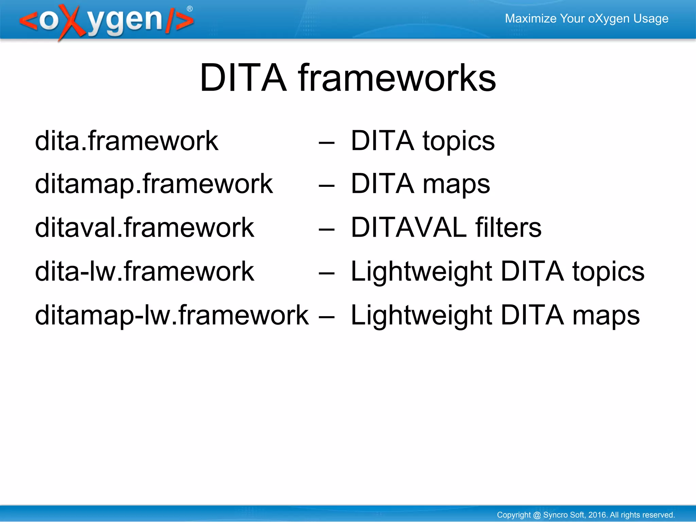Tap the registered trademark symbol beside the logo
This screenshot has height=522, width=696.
190,9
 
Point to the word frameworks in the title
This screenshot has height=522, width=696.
397,78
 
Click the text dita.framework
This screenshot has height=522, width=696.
126,141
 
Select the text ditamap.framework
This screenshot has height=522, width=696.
154,184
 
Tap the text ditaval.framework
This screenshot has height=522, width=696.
144,228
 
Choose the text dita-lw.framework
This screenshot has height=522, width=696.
144,271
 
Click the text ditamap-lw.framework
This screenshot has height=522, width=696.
172,315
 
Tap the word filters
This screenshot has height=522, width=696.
508,228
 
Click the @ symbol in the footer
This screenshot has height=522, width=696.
537,515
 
